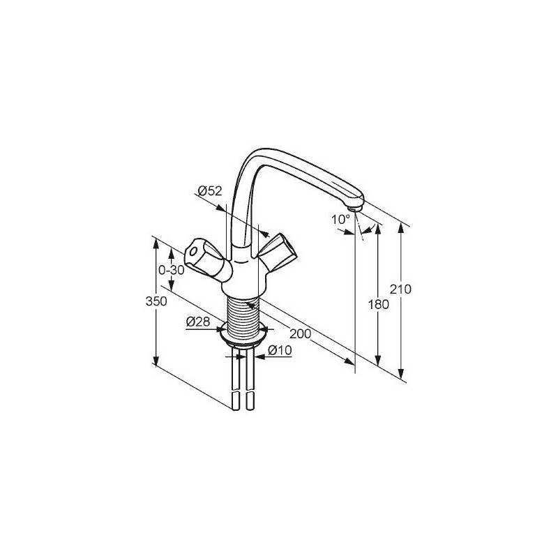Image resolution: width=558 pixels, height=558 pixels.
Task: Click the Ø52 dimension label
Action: [210, 191]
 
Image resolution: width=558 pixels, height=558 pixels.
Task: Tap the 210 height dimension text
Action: [400, 289]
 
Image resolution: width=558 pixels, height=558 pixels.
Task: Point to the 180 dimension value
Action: [379, 305]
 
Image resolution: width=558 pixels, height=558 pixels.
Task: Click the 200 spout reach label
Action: [301, 334]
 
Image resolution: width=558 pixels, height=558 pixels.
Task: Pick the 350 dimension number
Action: [156, 301]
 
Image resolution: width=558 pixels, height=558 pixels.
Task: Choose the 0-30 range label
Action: [172, 271]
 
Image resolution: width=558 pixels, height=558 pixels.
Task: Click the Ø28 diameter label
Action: [198, 322]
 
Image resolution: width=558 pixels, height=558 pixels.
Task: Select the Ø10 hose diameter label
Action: [280, 350]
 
